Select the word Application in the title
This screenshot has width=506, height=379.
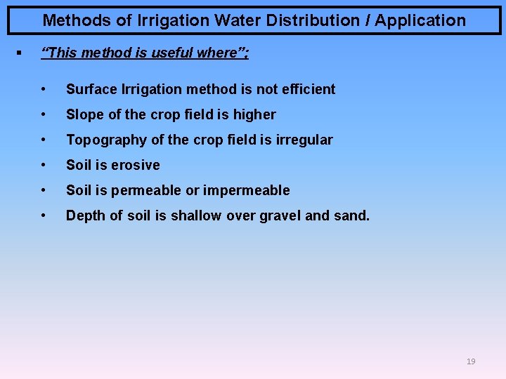click(420, 20)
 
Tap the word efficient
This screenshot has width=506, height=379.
click(306, 89)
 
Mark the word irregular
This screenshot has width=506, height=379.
click(304, 140)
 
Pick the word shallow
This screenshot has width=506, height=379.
click(190, 215)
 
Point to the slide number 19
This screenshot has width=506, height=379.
click(471, 361)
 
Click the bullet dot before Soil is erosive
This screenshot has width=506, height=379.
click(44, 165)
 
